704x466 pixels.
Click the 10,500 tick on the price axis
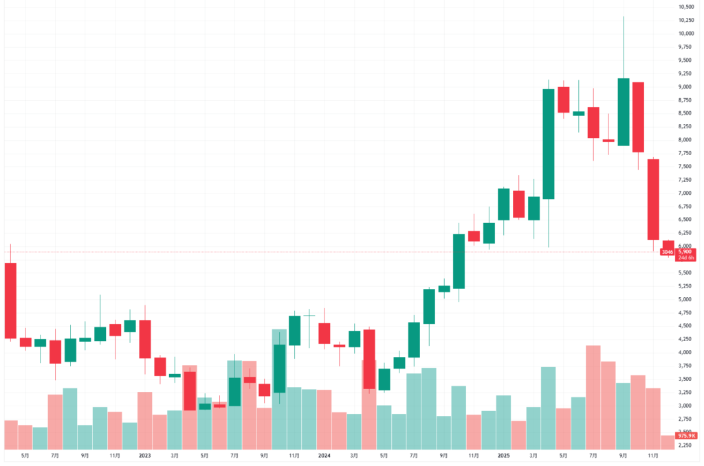(x=686, y=7)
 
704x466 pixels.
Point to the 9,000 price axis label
(x=686, y=86)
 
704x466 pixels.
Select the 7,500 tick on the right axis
(x=686, y=166)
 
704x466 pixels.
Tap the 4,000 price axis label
(x=686, y=352)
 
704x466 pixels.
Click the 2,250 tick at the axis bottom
(x=686, y=445)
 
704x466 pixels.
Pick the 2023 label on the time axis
(x=144, y=455)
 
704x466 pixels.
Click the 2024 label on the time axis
(x=324, y=455)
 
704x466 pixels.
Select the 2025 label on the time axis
(x=504, y=455)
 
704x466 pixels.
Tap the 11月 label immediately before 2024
(x=294, y=455)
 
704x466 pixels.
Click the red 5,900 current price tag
(x=684, y=252)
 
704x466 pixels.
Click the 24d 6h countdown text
(x=684, y=258)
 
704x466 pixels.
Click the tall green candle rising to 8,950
(x=549, y=144)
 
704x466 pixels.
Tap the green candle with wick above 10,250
(x=624, y=112)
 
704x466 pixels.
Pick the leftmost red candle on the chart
(x=10, y=300)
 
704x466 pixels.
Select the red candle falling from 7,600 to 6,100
(x=653, y=199)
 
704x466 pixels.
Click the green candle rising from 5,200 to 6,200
(x=459, y=261)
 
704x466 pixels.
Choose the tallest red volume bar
(x=593, y=397)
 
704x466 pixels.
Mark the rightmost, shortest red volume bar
(x=668, y=442)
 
